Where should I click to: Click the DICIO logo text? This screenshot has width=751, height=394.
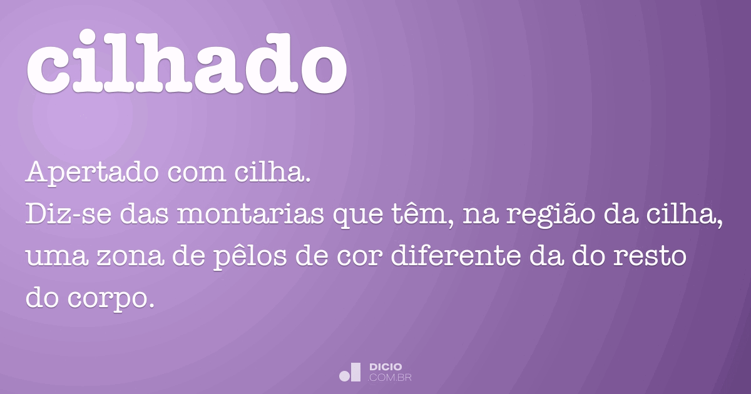386,366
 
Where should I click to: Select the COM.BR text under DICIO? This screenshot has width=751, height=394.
390,377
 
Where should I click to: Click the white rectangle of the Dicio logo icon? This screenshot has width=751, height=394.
356,371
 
